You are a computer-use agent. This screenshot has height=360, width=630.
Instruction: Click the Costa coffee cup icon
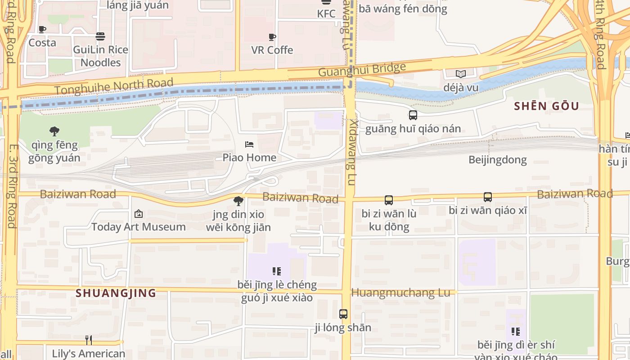(x=42, y=30)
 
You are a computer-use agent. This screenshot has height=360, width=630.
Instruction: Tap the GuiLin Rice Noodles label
(x=100, y=56)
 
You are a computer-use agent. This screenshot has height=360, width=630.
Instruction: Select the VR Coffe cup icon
(x=272, y=37)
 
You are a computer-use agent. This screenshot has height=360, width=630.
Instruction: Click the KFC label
(x=326, y=13)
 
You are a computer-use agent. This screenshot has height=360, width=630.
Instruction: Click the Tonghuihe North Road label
(x=114, y=86)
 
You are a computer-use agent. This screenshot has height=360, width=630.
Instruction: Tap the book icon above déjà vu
(x=460, y=74)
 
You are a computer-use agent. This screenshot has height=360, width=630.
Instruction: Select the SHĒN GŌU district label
(x=546, y=106)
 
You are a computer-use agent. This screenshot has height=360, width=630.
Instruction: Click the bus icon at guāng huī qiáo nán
(x=413, y=115)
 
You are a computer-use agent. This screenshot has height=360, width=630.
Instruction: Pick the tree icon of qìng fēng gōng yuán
(x=54, y=131)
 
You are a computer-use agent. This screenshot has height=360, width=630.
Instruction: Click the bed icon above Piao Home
(x=249, y=144)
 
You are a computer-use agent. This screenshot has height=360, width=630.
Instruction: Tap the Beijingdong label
(x=497, y=160)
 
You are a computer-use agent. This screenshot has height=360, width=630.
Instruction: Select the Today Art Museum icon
(x=139, y=214)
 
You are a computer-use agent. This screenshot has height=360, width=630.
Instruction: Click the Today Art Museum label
(x=139, y=227)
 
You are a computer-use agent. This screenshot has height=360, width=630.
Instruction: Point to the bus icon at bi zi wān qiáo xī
(x=487, y=197)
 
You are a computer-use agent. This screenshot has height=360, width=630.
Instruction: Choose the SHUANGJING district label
(x=116, y=293)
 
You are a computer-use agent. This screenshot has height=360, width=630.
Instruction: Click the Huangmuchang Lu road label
(x=400, y=292)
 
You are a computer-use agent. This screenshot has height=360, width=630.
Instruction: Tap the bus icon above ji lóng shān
(x=343, y=314)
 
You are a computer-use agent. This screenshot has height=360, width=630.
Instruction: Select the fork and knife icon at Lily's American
(x=89, y=340)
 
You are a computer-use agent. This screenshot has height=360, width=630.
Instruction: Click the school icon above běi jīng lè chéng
(x=277, y=271)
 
